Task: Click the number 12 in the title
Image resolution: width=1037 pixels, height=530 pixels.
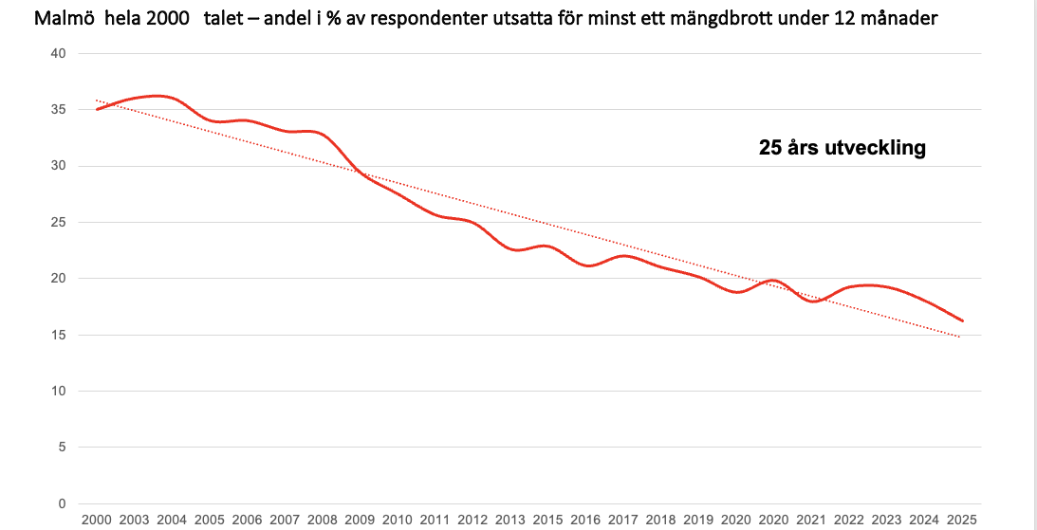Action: (x=834, y=19)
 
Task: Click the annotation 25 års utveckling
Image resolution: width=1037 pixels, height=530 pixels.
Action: (x=842, y=149)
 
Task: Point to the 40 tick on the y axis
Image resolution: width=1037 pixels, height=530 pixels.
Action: (x=59, y=54)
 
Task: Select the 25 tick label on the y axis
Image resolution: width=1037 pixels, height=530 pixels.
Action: (x=59, y=223)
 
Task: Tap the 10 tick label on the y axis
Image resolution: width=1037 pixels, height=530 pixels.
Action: (x=59, y=392)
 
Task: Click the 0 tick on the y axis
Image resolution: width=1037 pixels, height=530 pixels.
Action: (x=63, y=503)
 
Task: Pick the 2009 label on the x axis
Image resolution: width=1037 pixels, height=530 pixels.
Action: (x=360, y=521)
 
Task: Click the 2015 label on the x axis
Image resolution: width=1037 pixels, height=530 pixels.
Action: (x=547, y=521)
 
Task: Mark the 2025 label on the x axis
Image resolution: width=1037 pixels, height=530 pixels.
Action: (x=961, y=521)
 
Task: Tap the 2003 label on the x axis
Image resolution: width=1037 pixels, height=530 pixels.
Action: (x=134, y=521)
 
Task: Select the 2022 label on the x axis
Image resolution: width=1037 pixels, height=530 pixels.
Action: (x=848, y=521)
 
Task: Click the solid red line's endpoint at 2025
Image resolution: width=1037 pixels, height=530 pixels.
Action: (x=962, y=320)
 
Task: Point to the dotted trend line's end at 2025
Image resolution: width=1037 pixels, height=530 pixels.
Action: (x=961, y=337)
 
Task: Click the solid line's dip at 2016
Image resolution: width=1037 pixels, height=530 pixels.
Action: (x=588, y=265)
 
